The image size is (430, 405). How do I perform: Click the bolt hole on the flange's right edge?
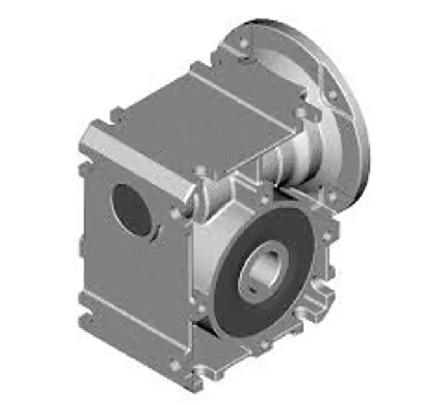coord(332,96)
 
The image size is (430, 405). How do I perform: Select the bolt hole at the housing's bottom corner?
coord(175,365)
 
